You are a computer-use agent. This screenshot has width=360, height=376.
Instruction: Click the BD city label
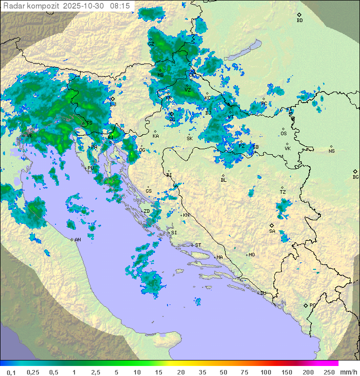[x=299, y=21]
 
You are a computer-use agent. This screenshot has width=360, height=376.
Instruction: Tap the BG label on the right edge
[x=355, y=177]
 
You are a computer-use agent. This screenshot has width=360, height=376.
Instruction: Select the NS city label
[x=331, y=151]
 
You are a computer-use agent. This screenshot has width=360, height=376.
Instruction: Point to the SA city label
[x=272, y=231]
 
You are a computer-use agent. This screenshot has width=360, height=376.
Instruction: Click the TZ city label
[x=282, y=192]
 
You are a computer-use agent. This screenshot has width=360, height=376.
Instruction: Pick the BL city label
[x=223, y=180]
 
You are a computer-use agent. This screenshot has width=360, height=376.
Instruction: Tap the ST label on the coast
[x=198, y=245]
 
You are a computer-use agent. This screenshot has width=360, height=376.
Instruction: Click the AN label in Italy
[x=77, y=240]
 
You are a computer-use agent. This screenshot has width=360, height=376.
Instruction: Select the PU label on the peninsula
[x=90, y=168]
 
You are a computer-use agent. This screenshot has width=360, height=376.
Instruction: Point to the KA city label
[x=155, y=136]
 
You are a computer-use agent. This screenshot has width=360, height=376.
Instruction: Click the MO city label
[x=251, y=255]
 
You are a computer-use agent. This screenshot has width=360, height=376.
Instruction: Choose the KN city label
[x=186, y=215]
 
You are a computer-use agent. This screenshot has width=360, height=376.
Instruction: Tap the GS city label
[x=148, y=191]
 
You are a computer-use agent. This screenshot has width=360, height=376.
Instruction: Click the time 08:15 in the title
[x=120, y=6]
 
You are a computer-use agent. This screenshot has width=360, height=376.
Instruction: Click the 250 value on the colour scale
[x=329, y=372]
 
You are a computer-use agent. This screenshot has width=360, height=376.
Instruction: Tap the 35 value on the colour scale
[x=202, y=372]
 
